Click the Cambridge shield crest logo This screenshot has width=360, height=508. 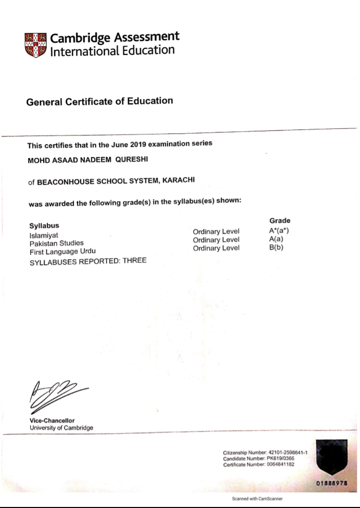point(35,45)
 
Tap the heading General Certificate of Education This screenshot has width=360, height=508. point(100,101)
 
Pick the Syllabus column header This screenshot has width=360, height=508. point(44,225)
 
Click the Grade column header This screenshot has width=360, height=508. point(280,220)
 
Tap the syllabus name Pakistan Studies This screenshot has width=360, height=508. point(56,243)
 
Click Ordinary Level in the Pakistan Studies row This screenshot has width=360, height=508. point(216,240)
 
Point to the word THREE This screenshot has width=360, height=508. point(134,261)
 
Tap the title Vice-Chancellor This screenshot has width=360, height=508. point(52,421)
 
